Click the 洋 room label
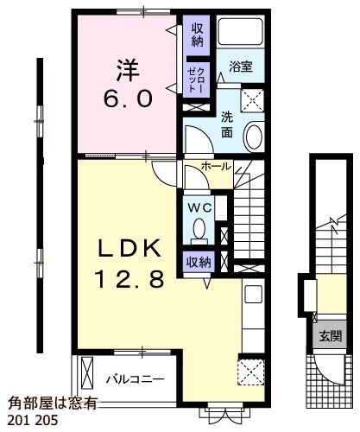click(x=128, y=70)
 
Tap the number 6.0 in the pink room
click(x=128, y=99)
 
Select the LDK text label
click(x=129, y=249)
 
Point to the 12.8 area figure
click(x=130, y=279)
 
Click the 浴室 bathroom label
click(x=241, y=67)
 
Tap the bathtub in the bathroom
click(x=240, y=31)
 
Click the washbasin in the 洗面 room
click(x=254, y=137)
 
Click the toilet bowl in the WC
click(x=199, y=231)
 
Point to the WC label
click(x=200, y=207)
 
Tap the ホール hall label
click(x=217, y=166)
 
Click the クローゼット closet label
click(x=196, y=80)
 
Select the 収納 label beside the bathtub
click(x=198, y=35)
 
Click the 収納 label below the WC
click(x=199, y=262)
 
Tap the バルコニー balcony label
click(x=136, y=379)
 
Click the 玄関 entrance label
click(x=331, y=336)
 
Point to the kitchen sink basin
click(x=253, y=294)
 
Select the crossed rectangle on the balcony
click(x=87, y=372)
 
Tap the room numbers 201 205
click(x=32, y=421)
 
